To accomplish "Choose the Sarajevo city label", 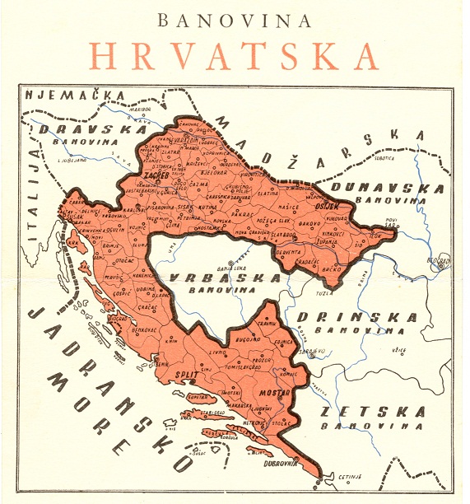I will (311, 351).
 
